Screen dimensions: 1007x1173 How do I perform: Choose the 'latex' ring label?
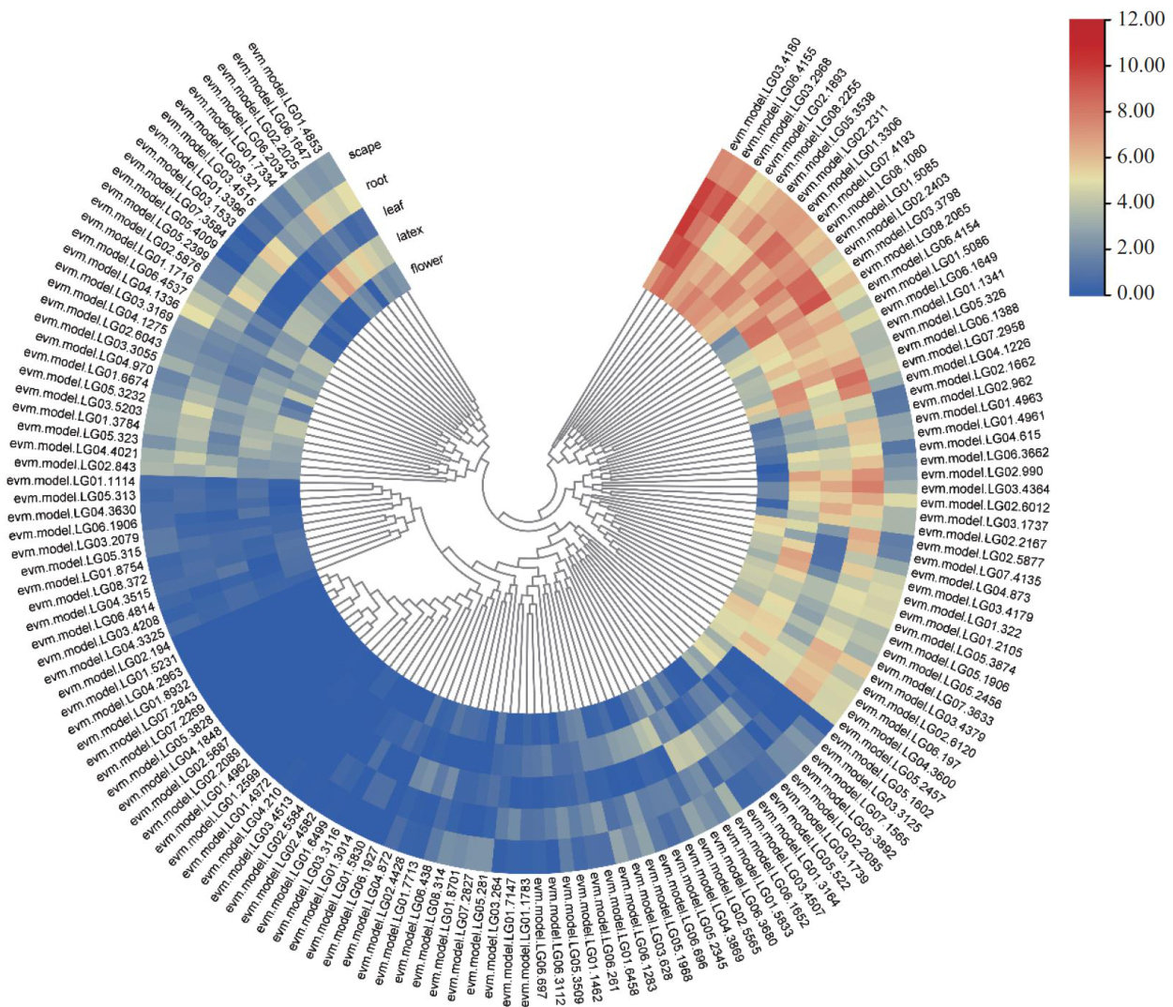(x=410, y=233)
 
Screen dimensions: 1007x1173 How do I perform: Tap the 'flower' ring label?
(x=427, y=263)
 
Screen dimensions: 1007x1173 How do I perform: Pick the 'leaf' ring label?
(x=392, y=208)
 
